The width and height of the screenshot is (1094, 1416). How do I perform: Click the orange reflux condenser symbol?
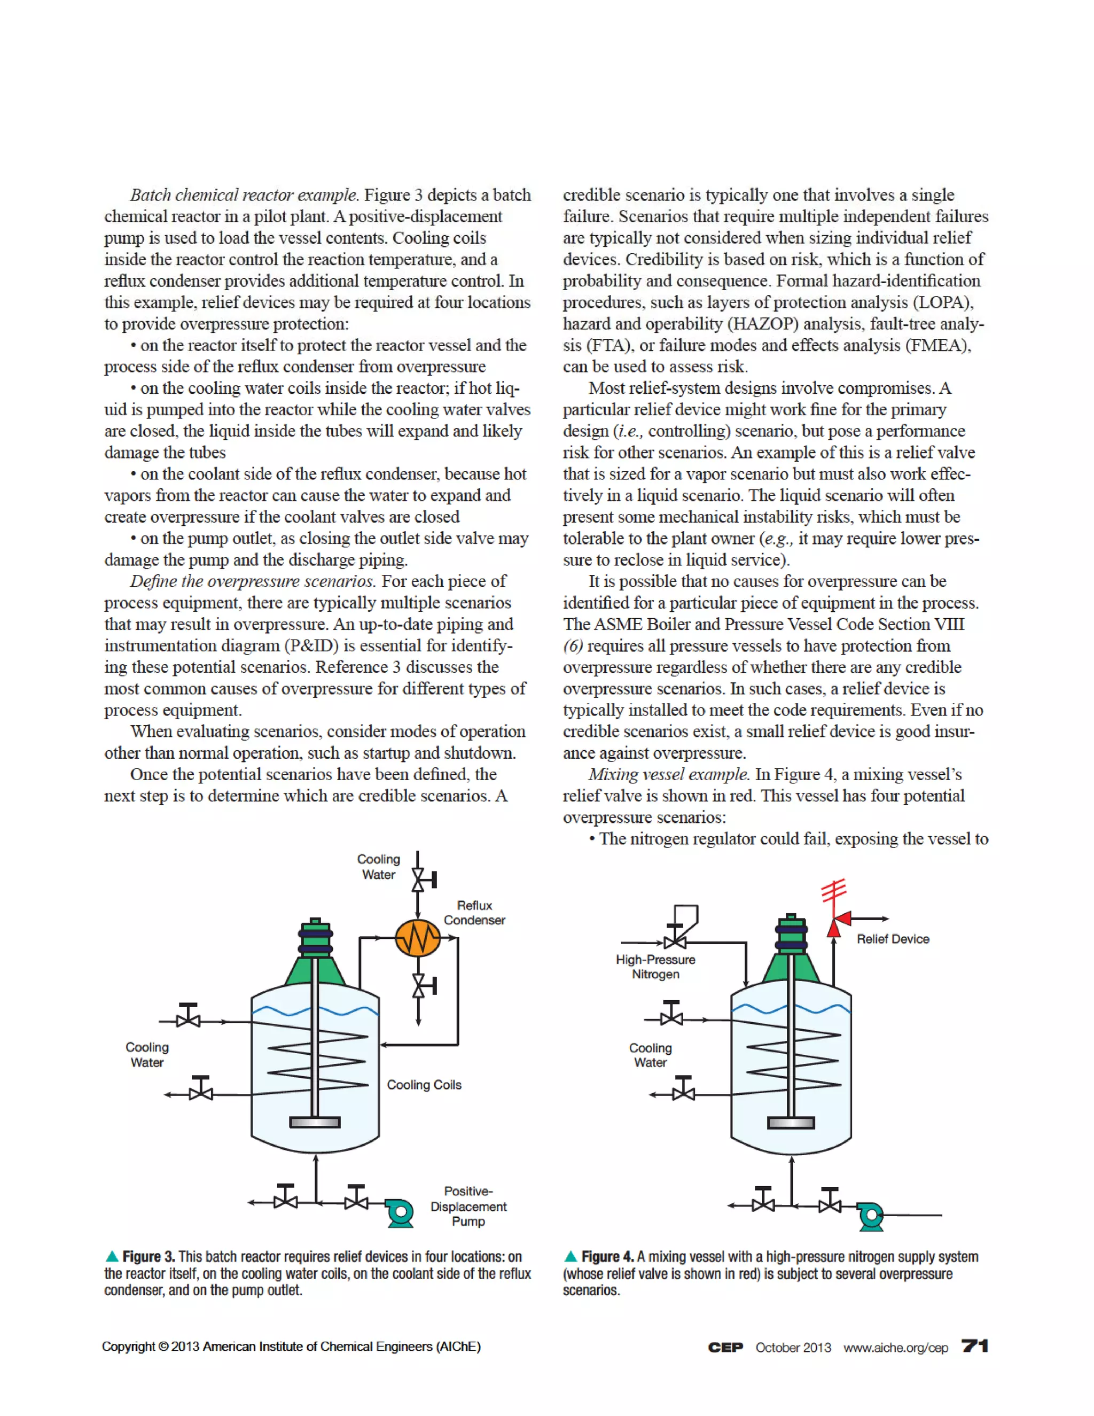[418, 938]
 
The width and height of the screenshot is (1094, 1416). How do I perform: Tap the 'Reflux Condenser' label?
[474, 912]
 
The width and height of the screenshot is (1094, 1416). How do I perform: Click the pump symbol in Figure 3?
[400, 1212]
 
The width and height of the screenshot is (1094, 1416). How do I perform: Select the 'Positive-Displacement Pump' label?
[468, 1206]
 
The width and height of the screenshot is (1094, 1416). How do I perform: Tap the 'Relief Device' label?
[893, 939]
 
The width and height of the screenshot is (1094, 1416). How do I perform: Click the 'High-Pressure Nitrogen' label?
[655, 966]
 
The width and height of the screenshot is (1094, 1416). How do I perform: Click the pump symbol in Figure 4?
[870, 1216]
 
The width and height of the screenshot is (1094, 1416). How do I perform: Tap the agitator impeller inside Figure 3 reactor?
[315, 1122]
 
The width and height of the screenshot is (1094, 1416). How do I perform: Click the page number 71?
[975, 1346]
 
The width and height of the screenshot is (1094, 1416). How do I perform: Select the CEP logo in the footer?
[725, 1347]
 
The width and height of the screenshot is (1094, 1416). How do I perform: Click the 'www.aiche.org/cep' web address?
[895, 1347]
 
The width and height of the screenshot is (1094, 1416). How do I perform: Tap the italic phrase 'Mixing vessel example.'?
[669, 774]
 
